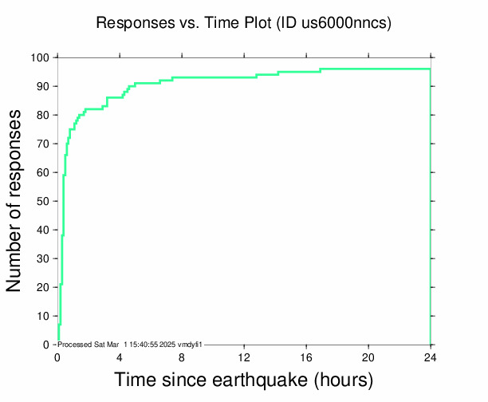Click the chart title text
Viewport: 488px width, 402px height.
click(243, 23)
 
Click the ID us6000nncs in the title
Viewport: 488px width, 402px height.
click(339, 23)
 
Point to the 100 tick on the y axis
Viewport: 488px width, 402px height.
click(41, 57)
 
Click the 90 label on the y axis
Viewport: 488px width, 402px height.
click(45, 86)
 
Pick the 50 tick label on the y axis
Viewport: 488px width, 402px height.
click(45, 201)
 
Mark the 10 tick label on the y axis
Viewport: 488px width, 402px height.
click(45, 316)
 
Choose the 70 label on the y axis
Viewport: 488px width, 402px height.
click(45, 144)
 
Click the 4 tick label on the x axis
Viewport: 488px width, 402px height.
click(120, 357)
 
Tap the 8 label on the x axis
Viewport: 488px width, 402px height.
click(182, 357)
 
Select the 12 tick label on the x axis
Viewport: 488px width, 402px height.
click(244, 357)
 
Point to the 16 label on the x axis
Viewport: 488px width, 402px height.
click(306, 357)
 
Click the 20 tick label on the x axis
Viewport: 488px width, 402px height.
click(368, 357)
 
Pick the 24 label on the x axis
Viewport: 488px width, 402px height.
click(431, 357)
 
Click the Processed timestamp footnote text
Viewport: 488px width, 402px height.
click(129, 344)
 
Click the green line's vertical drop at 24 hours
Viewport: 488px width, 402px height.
click(431, 207)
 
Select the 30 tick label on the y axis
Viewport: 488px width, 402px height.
click(45, 258)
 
